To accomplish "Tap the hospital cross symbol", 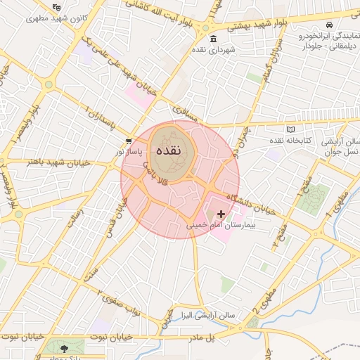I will (221, 214).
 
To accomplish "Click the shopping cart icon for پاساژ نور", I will (127, 141).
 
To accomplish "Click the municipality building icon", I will (213, 39).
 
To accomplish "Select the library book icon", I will (292, 130).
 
